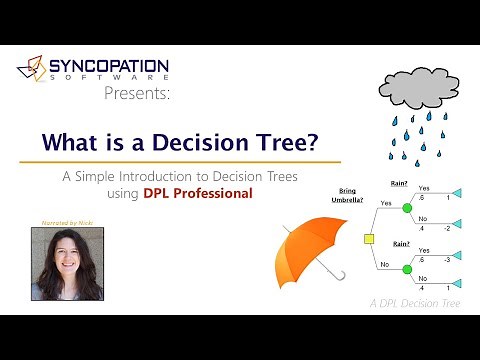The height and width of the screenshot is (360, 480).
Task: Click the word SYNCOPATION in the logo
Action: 109,65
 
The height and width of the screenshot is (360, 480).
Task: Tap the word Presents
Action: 137,94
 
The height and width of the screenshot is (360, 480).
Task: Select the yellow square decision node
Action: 369,240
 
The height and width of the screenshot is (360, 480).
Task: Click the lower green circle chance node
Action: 407,270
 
